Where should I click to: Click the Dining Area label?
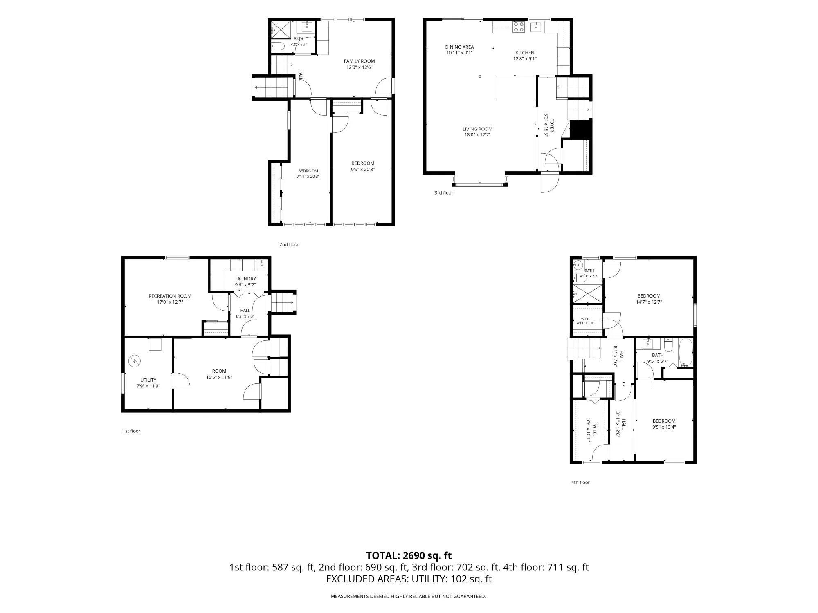pyautogui.click(x=459, y=47)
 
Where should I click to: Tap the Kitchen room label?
pyautogui.click(x=525, y=53)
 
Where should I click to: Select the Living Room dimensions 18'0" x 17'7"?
pyautogui.click(x=477, y=135)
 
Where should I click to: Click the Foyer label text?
pyautogui.click(x=552, y=125)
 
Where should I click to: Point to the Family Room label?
pyautogui.click(x=359, y=61)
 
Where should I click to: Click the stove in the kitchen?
pyautogui.click(x=519, y=27)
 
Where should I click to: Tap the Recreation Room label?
pyautogui.click(x=170, y=296)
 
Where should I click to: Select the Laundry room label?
pyautogui.click(x=245, y=279)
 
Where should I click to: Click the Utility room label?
pyautogui.click(x=148, y=380)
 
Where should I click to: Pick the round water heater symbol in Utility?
pyautogui.click(x=134, y=361)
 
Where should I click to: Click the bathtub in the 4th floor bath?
pyautogui.click(x=685, y=353)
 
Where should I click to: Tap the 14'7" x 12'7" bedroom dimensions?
pyautogui.click(x=649, y=302)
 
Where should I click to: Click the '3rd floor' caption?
pyautogui.click(x=444, y=193)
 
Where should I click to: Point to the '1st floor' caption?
pyautogui.click(x=131, y=431)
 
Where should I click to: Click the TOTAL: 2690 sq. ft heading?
pyautogui.click(x=409, y=555)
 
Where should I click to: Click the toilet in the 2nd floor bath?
pyautogui.click(x=278, y=46)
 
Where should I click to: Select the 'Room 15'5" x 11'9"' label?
pyautogui.click(x=219, y=374)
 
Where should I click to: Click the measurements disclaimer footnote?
pyautogui.click(x=408, y=597)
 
